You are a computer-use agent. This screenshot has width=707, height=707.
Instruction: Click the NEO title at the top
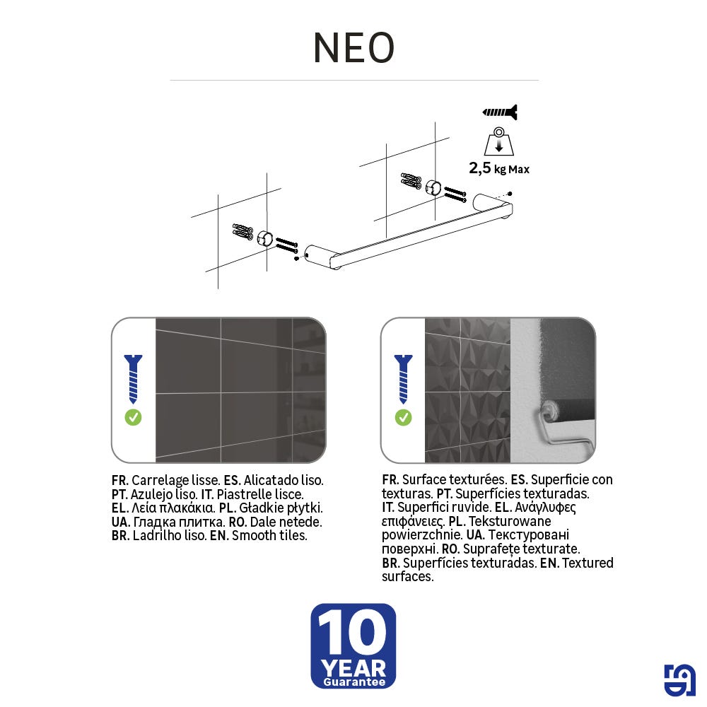(x=354, y=47)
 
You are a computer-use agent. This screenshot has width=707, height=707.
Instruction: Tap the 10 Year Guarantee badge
(x=353, y=645)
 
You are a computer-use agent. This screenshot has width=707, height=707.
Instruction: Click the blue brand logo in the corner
(x=679, y=680)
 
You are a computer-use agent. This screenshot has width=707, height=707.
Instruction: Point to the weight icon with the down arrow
(x=498, y=141)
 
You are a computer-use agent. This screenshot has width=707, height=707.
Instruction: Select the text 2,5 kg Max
(x=499, y=169)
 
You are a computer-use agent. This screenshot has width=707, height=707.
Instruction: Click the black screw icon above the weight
(x=500, y=112)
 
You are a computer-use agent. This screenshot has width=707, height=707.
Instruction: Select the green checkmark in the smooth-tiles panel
(x=133, y=418)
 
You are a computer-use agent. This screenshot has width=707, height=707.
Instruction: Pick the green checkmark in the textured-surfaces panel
(x=403, y=418)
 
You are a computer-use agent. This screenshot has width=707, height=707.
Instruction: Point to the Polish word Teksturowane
(x=510, y=521)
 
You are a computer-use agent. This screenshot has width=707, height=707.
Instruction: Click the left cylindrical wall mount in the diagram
(x=264, y=238)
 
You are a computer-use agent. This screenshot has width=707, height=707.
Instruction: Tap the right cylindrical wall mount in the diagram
(x=433, y=187)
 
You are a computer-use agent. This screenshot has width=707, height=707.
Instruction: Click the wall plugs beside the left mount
(x=243, y=231)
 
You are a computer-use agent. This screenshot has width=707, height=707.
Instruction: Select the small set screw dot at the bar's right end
(x=510, y=194)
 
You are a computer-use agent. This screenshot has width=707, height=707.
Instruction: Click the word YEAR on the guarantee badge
(x=354, y=668)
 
